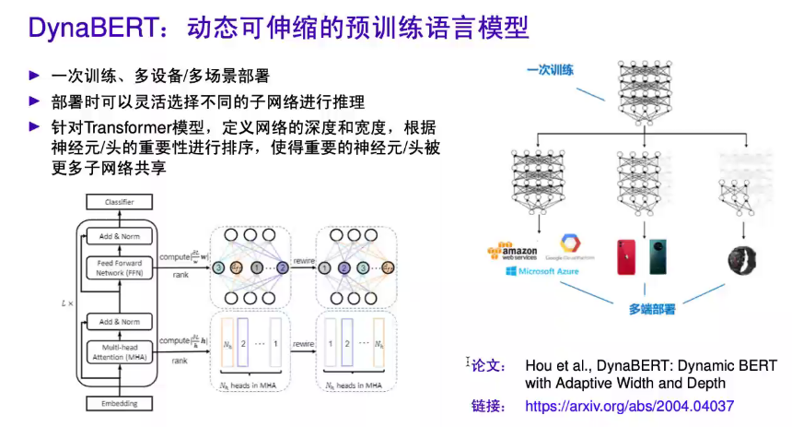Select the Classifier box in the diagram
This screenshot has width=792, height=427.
pyautogui.click(x=119, y=201)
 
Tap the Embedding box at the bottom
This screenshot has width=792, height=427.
pyautogui.click(x=119, y=403)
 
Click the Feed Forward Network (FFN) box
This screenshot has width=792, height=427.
pyautogui.click(x=120, y=267)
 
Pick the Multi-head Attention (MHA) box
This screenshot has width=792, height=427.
pyautogui.click(x=120, y=351)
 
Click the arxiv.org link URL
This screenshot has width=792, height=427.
pyautogui.click(x=629, y=405)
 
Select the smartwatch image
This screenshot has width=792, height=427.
pyautogui.click(x=740, y=257)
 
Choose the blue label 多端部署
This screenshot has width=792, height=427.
pyautogui.click(x=652, y=310)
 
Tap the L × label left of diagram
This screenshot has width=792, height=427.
pyautogui.click(x=64, y=302)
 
